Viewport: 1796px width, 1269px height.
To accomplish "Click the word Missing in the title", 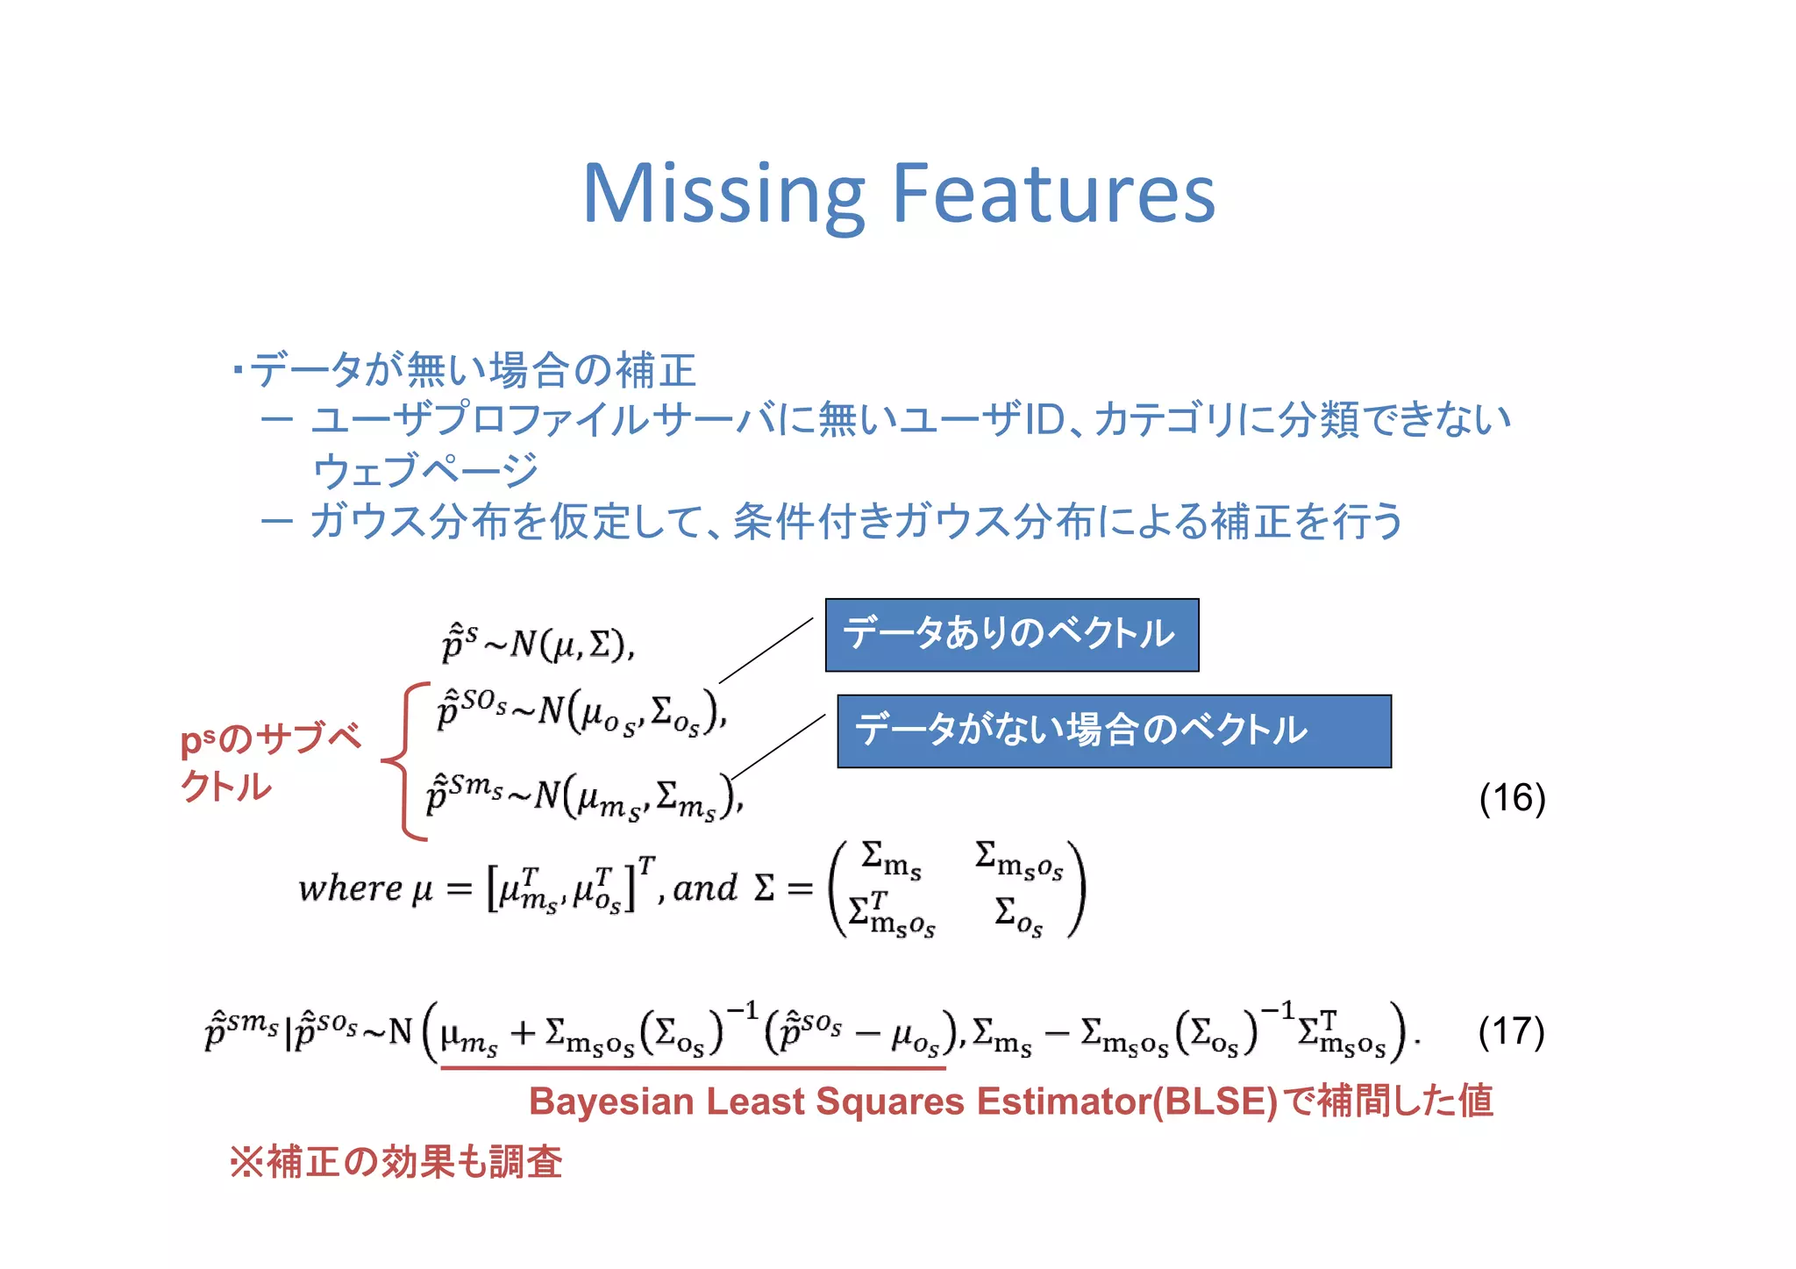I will click(x=723, y=195).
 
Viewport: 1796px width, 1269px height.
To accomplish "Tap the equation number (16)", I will click(x=1511, y=798).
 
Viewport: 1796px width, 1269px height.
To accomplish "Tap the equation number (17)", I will click(x=1510, y=1031).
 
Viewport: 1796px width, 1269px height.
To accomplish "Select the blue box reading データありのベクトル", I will click(x=1011, y=635).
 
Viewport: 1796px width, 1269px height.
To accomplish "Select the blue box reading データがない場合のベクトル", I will click(x=1114, y=731).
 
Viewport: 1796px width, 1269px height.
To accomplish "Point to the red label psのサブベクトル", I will click(x=268, y=761).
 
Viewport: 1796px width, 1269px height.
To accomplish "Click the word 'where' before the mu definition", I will click(x=350, y=888).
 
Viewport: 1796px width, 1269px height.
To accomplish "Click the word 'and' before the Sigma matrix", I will click(x=705, y=888).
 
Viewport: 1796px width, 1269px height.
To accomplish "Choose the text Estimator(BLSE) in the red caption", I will click(x=1127, y=1101).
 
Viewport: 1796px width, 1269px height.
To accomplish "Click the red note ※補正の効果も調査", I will click(x=396, y=1162).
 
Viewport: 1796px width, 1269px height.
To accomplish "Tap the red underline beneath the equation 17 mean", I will click(x=693, y=1068).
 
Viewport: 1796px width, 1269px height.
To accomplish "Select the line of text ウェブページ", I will click(x=425, y=471).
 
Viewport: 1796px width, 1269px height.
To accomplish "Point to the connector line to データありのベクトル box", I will click(x=766, y=650).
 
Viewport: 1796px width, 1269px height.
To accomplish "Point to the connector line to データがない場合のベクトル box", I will click(x=778, y=746).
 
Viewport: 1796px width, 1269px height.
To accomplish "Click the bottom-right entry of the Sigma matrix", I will click(x=1018, y=916).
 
